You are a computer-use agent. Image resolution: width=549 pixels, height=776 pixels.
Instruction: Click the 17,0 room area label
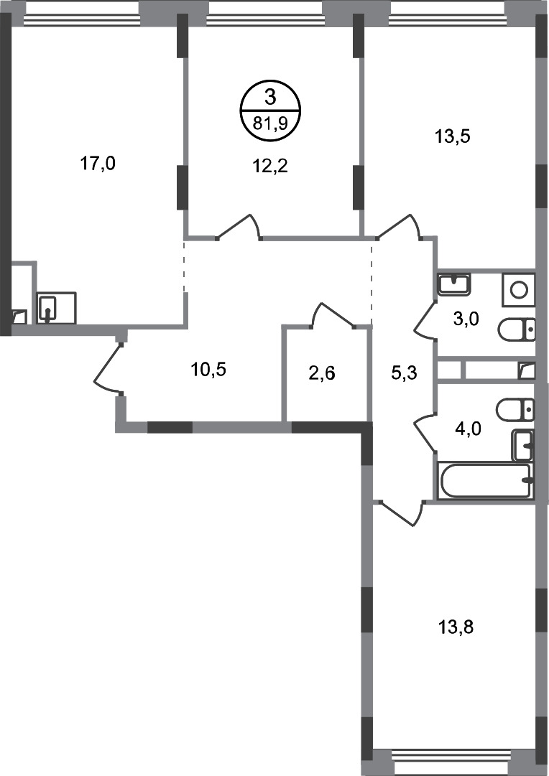coord(98,164)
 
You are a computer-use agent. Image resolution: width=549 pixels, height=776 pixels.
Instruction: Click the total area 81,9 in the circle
coord(269,122)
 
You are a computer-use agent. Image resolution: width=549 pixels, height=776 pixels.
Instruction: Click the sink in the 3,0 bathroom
coord(454,284)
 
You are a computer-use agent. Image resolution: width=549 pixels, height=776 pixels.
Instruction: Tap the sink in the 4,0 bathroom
coord(522,445)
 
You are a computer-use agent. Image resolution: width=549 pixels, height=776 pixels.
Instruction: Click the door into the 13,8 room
coord(400,513)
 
